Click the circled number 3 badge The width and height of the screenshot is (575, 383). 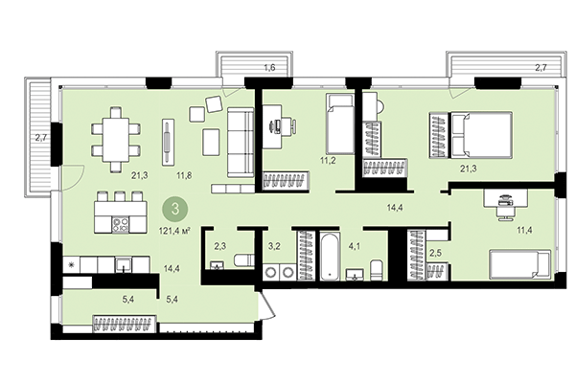pos(174,206)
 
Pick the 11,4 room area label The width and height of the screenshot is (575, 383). pos(524,231)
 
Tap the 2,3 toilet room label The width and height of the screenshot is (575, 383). pos(219,247)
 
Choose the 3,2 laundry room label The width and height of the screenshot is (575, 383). pos(273,247)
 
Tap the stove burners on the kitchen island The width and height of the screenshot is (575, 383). pos(122,226)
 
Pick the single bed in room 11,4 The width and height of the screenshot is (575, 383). pos(518,264)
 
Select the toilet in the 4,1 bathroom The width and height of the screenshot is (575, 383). pos(377,268)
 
